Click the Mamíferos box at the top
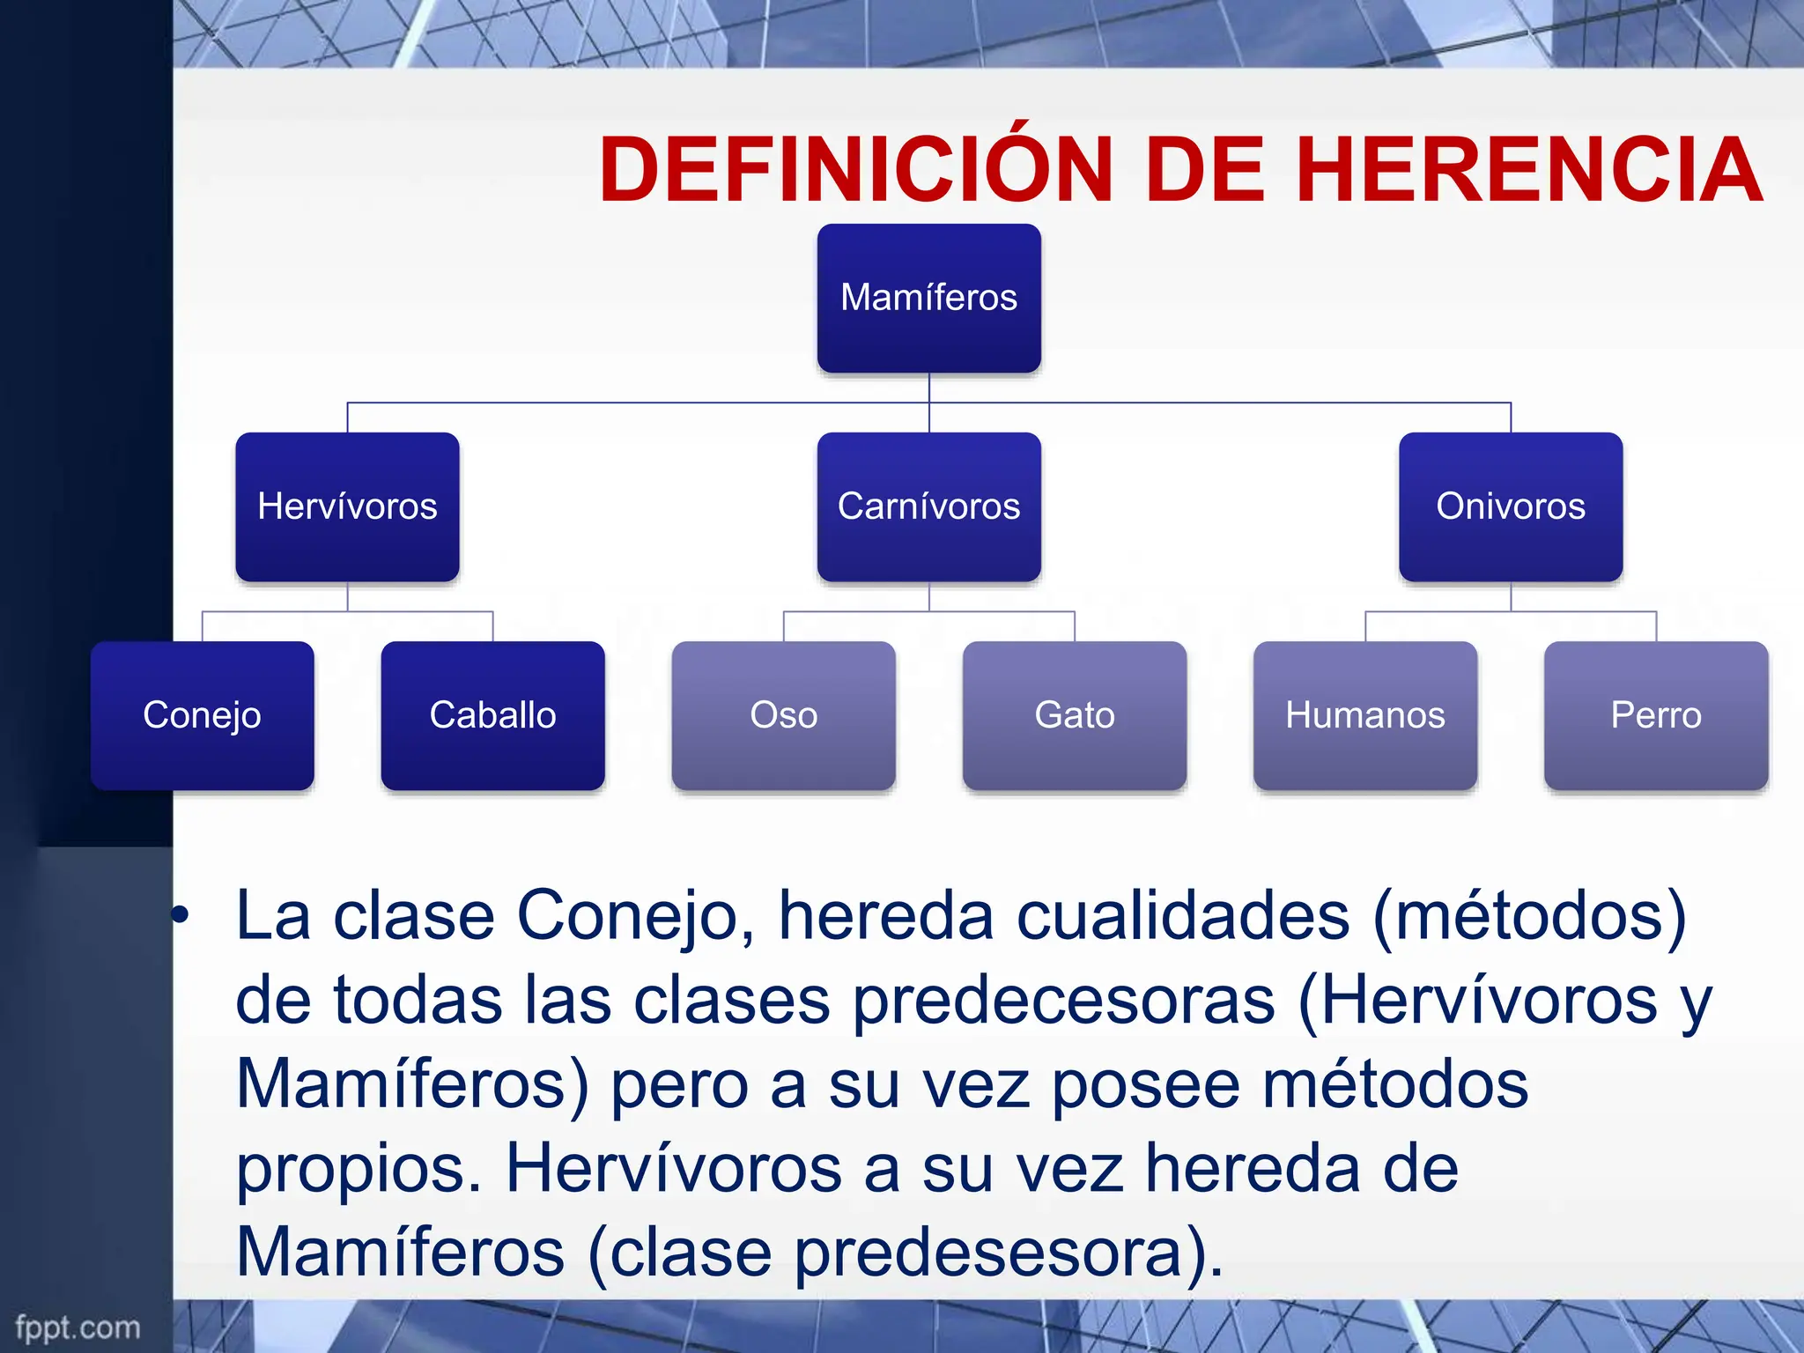point(928,298)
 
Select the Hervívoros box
point(347,506)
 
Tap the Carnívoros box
point(928,506)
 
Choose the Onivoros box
point(1510,506)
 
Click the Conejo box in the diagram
point(202,715)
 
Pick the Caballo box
point(492,715)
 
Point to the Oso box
point(783,715)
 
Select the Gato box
point(1074,715)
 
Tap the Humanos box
point(1364,715)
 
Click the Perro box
point(1655,715)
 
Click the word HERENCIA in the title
point(1528,169)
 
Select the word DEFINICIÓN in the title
point(856,169)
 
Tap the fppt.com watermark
point(78,1327)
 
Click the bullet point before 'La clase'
point(181,915)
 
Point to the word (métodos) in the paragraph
point(1528,917)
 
